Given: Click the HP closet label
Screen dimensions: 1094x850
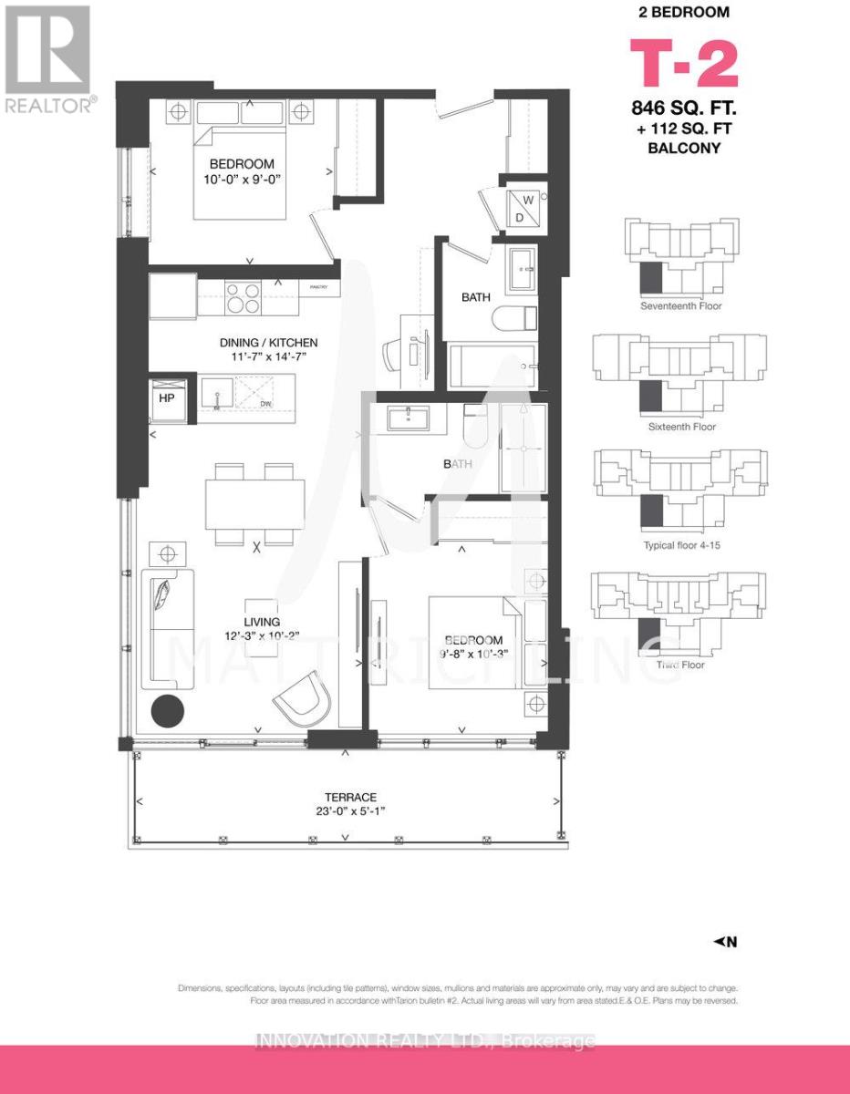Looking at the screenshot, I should pyautogui.click(x=168, y=397).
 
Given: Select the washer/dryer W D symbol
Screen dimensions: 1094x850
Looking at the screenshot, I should pyautogui.click(x=524, y=207).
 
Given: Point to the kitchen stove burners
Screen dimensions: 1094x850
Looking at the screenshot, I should pyautogui.click(x=243, y=298).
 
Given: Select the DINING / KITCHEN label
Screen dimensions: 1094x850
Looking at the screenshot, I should pyautogui.click(x=268, y=343).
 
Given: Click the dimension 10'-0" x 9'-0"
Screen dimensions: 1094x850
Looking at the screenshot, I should pyautogui.click(x=240, y=180).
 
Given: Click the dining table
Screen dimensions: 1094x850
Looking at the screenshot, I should pyautogui.click(x=254, y=501).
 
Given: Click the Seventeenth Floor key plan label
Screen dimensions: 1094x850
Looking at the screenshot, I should pyautogui.click(x=680, y=306).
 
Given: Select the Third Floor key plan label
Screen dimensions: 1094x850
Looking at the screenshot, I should pyautogui.click(x=680, y=665).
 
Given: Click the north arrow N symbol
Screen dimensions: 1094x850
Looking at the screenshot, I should pyautogui.click(x=724, y=943).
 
